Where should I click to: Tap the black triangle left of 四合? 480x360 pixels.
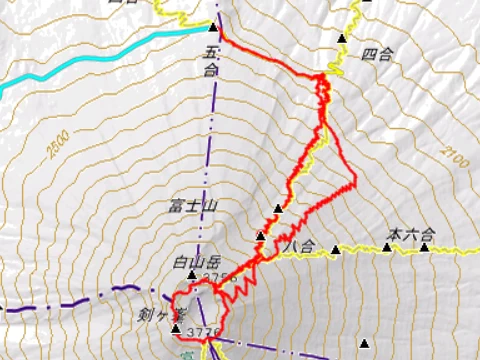(x=343, y=38)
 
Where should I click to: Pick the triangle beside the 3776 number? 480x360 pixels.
(x=177, y=329)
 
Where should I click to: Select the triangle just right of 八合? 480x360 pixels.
(x=335, y=250)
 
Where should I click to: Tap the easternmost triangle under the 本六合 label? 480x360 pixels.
(x=424, y=247)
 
